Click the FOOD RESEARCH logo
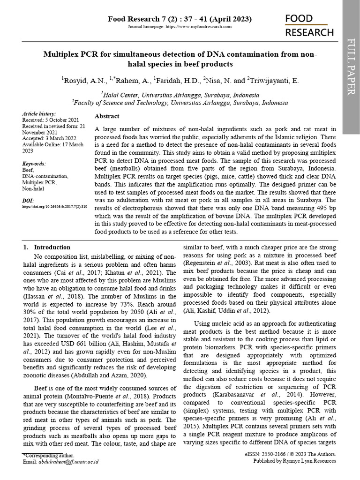[309, 25]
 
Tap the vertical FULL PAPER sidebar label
[351, 68]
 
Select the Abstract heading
[107, 116]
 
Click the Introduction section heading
[52, 247]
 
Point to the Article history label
[39, 114]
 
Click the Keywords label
[34, 164]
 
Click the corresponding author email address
[69, 462]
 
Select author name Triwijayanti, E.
[272, 81]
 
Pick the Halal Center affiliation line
[179, 94]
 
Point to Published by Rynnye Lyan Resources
[294, 461]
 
